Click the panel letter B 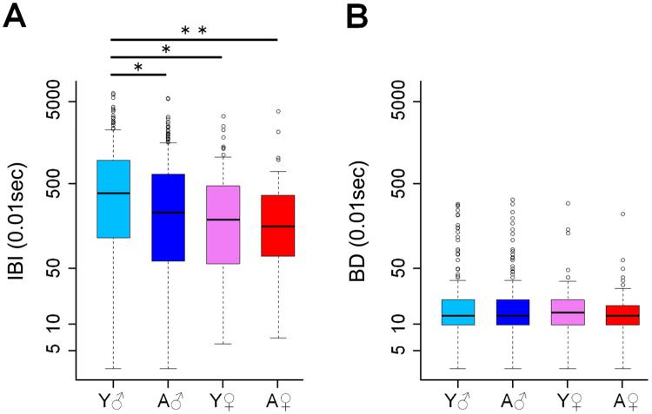coord(363,16)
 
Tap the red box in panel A coord(277,226)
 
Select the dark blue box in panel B coord(513,312)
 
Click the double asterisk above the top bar coord(193,32)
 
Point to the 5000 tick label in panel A coord(63,102)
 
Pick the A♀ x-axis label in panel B coord(622,401)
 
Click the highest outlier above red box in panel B coord(622,214)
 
